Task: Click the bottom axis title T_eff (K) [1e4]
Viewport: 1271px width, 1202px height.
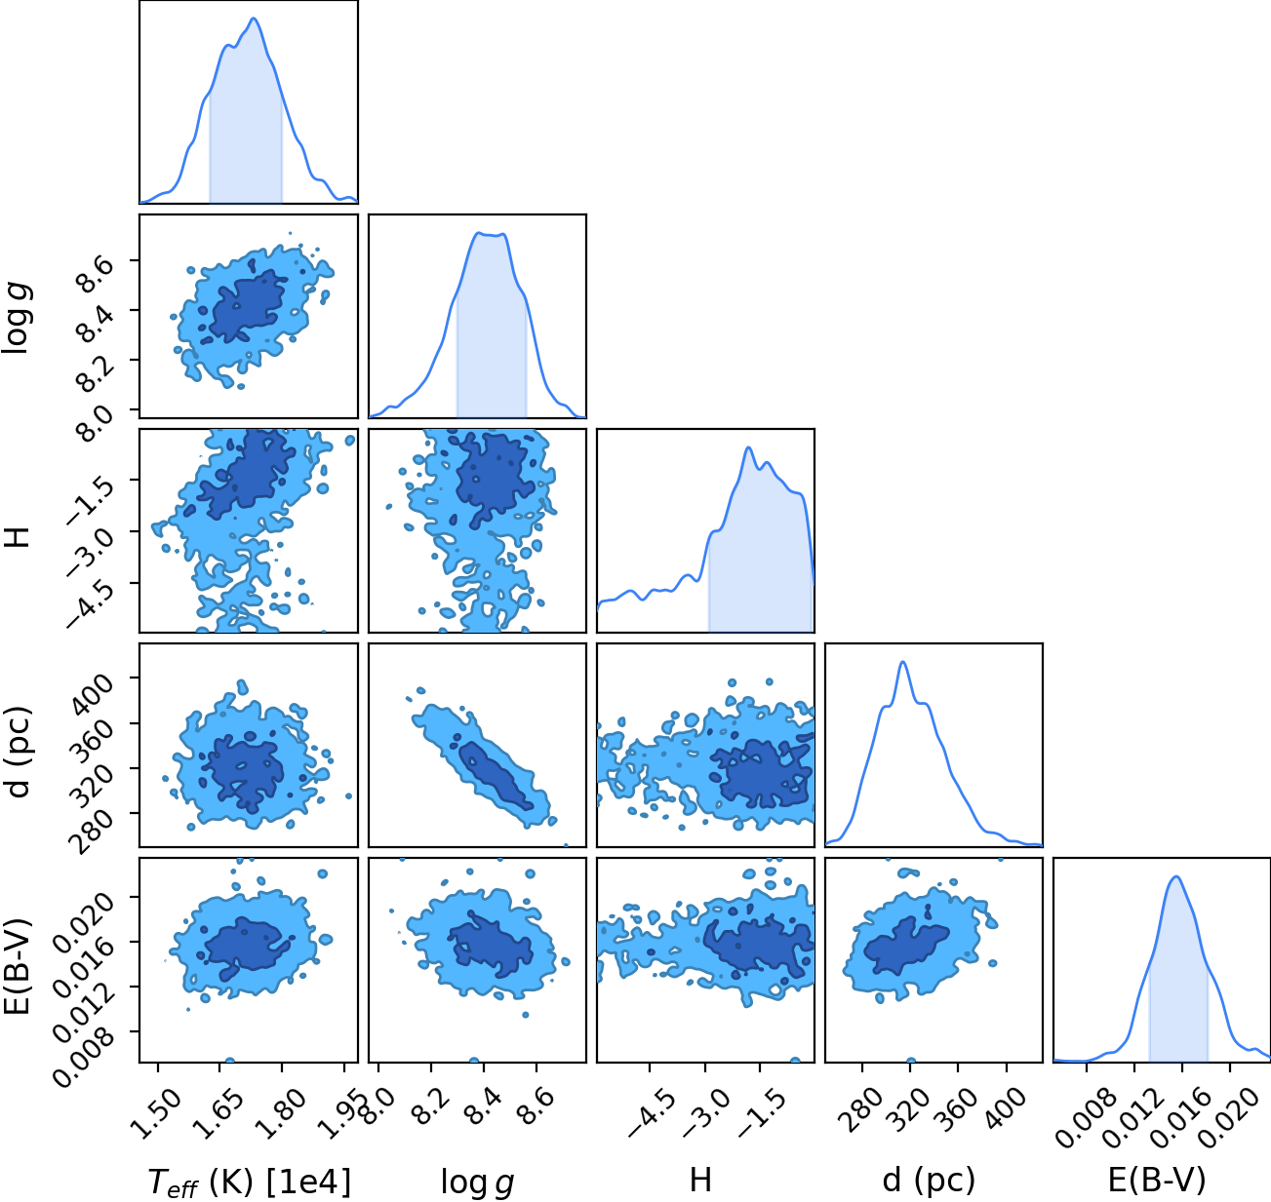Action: click(250, 1183)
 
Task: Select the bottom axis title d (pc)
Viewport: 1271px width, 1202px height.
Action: click(929, 1180)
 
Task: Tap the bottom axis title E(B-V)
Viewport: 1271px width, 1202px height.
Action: click(1157, 1180)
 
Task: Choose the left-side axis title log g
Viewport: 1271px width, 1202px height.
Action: click(18, 319)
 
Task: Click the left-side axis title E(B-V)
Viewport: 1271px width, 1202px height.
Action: click(18, 965)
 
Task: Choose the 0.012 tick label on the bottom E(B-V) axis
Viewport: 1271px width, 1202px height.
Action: click(1125, 1116)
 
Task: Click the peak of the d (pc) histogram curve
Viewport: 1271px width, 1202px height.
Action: click(903, 661)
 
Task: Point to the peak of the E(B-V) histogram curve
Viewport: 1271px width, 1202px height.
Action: click(1176, 877)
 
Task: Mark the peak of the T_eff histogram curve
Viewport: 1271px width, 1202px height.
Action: click(254, 19)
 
